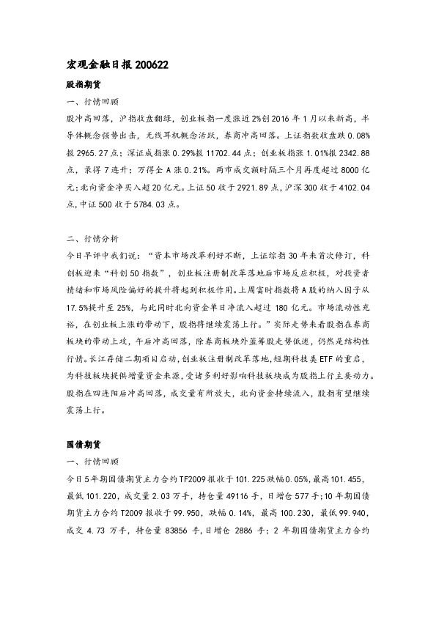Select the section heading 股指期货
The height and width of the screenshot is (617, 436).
pos(84,84)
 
